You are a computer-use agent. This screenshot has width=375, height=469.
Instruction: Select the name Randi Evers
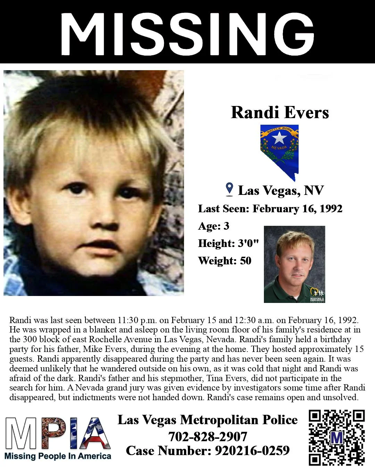(280, 112)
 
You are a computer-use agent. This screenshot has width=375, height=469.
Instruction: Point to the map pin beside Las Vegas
(229, 189)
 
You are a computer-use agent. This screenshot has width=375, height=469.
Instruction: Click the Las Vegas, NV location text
(281, 190)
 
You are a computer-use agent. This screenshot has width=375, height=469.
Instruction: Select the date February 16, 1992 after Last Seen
(297, 208)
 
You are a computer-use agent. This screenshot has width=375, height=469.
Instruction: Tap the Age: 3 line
(214, 226)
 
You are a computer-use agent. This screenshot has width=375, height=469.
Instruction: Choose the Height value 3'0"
(248, 243)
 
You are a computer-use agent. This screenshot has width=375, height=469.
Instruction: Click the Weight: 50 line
(225, 261)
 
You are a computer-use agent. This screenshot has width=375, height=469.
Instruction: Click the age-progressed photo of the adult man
(294, 264)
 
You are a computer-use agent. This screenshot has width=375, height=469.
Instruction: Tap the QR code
(336, 437)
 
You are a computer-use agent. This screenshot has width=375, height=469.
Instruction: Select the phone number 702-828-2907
(208, 437)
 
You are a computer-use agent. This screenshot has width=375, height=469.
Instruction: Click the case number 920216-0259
(252, 451)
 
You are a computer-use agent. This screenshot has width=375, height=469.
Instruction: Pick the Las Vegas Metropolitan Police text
(208, 420)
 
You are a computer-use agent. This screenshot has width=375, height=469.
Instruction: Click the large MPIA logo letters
(58, 433)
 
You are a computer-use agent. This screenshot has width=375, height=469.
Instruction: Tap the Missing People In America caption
(58, 456)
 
